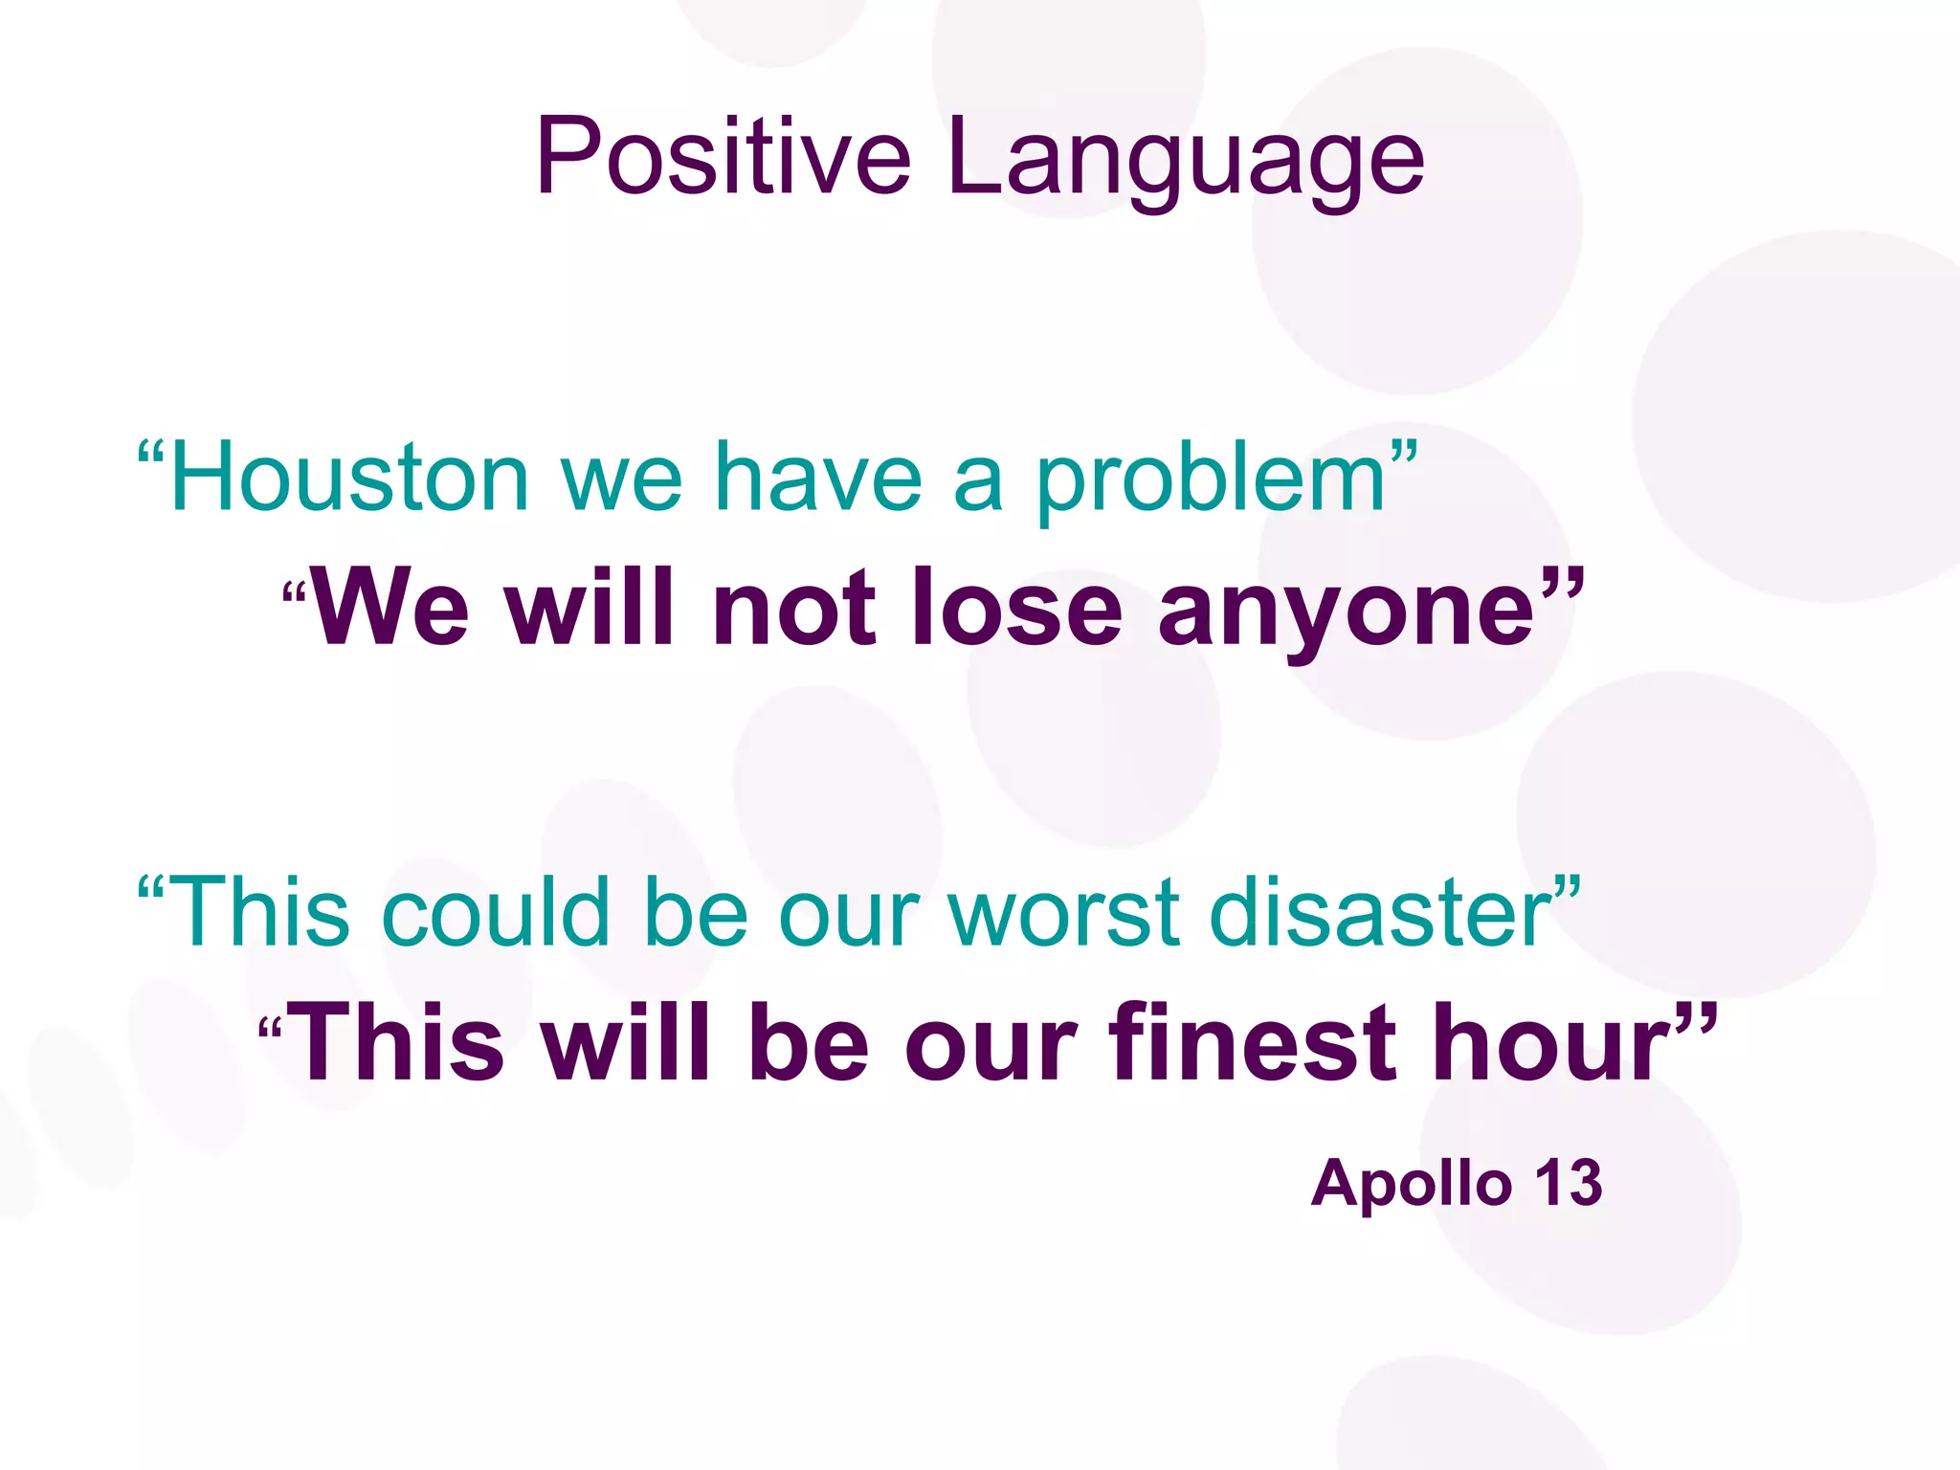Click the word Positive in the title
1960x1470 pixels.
723,158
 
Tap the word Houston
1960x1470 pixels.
349,478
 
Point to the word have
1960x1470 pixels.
818,478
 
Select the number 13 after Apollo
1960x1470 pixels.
1570,1183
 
